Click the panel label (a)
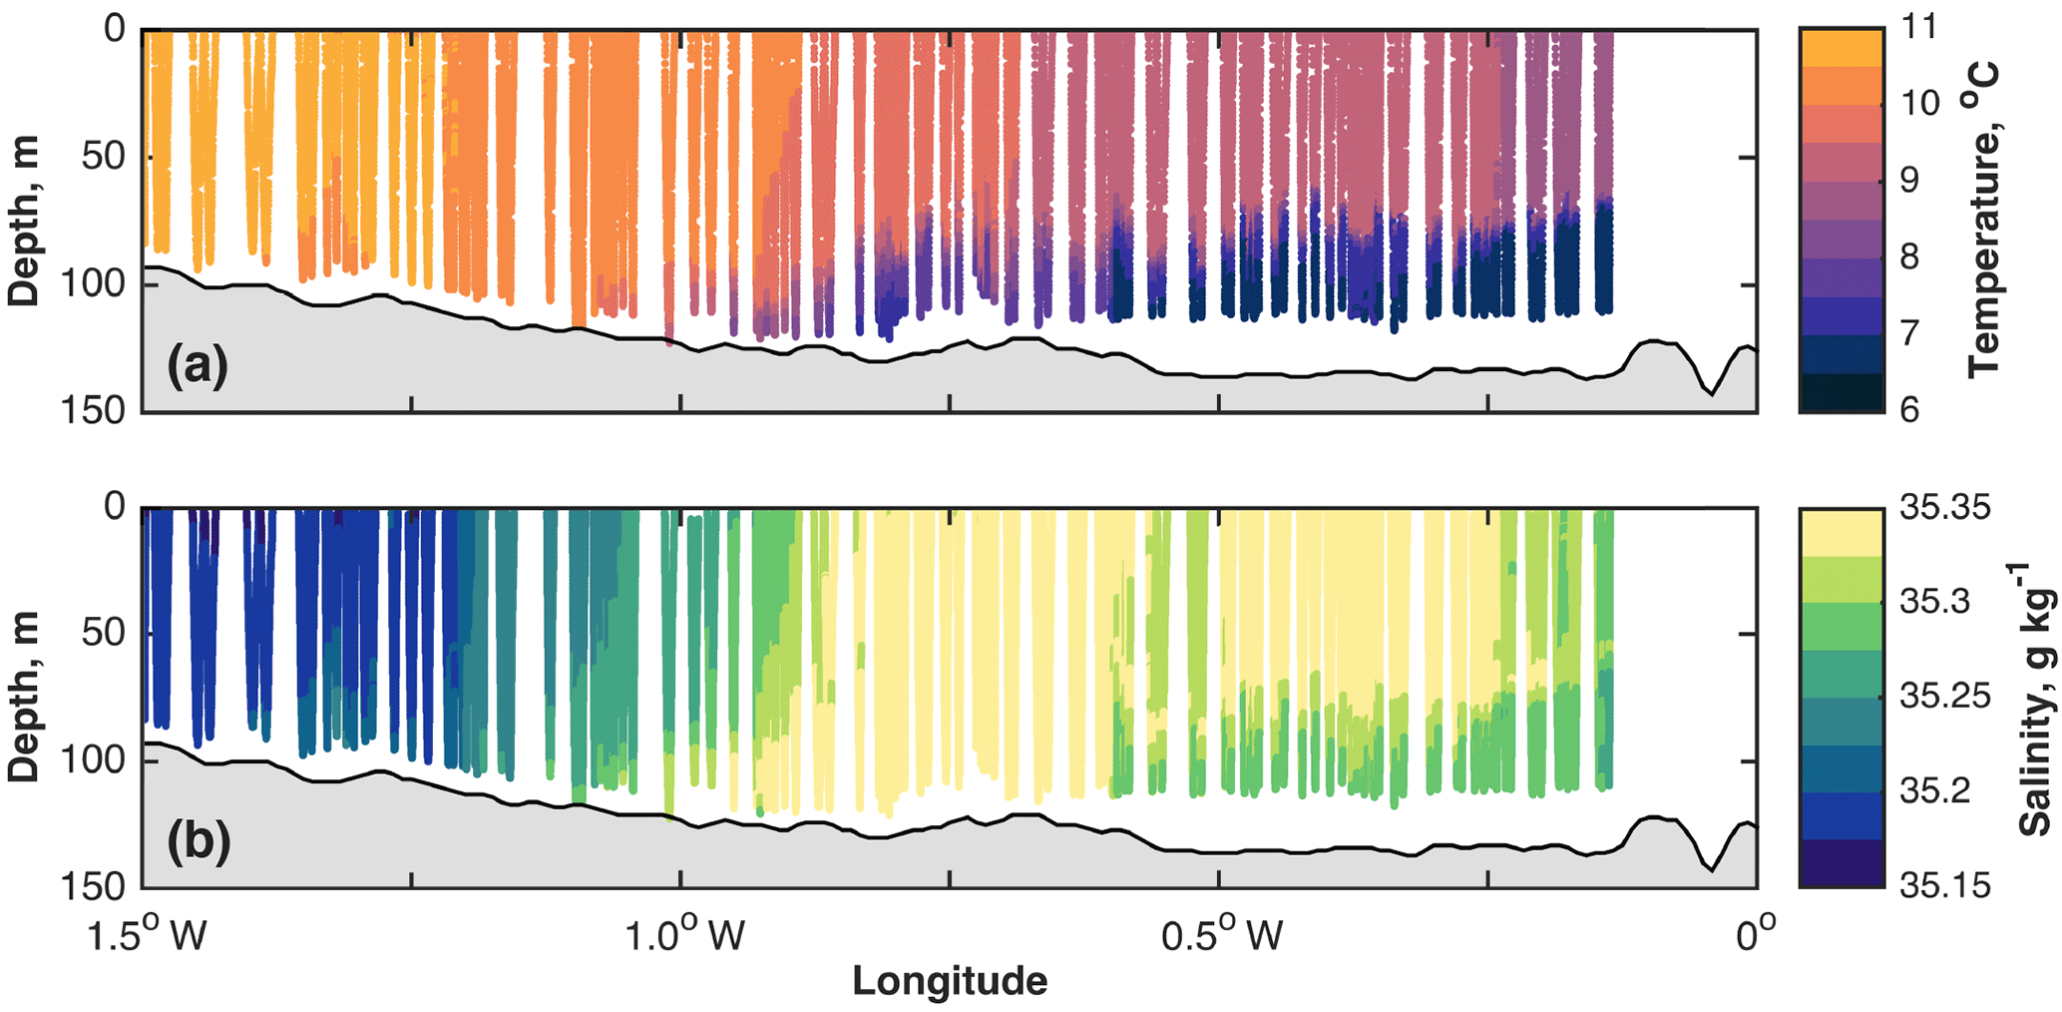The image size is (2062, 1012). coord(198,365)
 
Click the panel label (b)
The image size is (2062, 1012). coord(199,841)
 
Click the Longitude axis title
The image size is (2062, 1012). coord(949,982)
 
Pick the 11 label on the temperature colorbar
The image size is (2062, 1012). coord(1918,27)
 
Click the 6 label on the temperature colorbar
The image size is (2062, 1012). coord(1909,410)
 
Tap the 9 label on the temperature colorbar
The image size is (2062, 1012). coord(1909,181)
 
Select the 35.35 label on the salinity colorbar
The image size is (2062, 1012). coord(1944,507)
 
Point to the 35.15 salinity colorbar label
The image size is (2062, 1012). coord(1944,885)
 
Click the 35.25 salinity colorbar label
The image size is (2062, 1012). coord(1944,696)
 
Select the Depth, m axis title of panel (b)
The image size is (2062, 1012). coord(24,696)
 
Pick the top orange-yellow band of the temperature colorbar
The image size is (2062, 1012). coord(1842,48)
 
